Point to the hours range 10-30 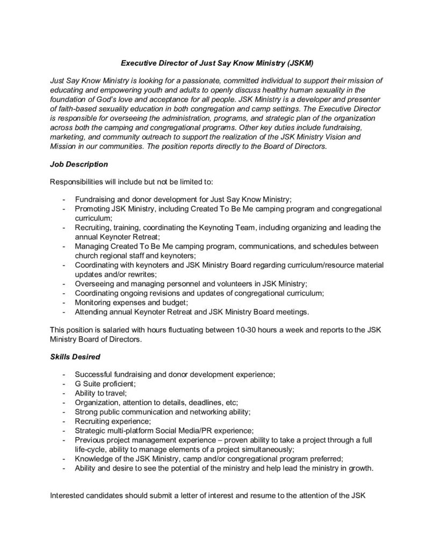coord(248,329)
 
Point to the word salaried coord(118,329)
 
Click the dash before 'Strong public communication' coord(64,412)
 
